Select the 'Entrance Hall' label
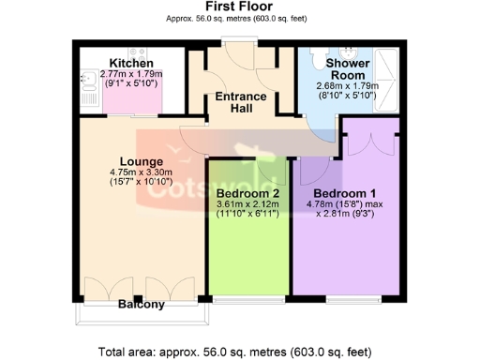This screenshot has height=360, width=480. (241, 103)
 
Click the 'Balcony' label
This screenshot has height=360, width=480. (142, 305)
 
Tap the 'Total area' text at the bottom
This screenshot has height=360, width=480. (239, 352)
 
